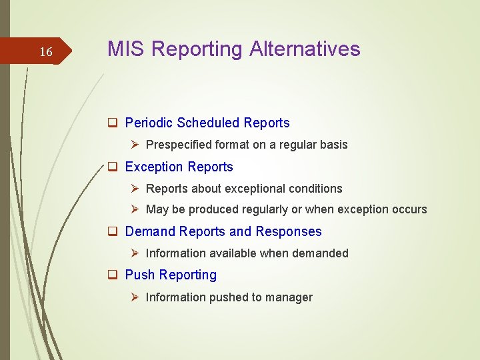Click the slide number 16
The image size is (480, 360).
(45, 52)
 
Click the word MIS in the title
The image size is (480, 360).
(125, 49)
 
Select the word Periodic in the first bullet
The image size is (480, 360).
(149, 123)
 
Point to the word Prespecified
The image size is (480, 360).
(176, 145)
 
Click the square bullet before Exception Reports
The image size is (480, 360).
(113, 167)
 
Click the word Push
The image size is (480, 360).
(140, 275)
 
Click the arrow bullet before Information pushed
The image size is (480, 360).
(135, 297)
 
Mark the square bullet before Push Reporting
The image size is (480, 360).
(113, 275)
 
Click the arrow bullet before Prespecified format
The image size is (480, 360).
(135, 145)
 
